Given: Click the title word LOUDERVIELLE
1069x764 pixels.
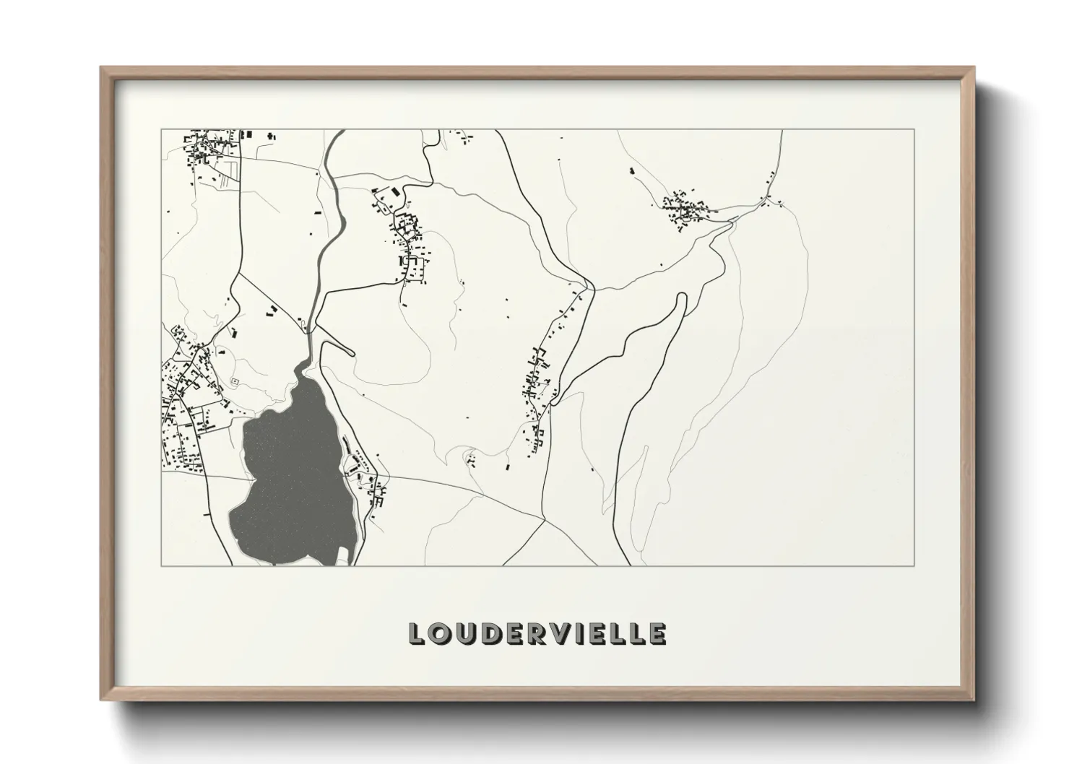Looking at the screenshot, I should pos(537,633).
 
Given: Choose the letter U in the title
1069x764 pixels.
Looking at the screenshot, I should pos(464,633).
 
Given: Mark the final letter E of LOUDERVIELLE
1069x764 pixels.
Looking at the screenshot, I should pos(657,633).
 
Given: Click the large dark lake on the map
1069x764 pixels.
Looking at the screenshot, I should pos(289,477).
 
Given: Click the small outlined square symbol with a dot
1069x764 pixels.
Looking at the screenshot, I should pos(234,381).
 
